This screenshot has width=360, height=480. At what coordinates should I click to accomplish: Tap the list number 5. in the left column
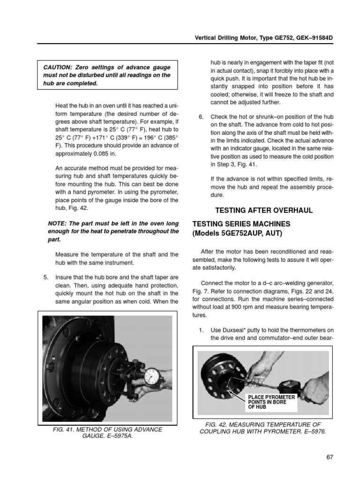click(46, 276)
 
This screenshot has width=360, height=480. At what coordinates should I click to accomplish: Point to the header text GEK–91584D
click(312, 37)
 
